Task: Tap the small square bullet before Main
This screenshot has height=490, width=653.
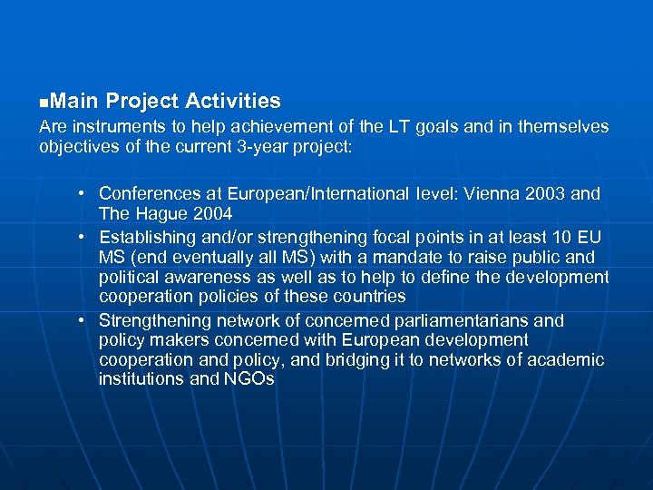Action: pyautogui.click(x=44, y=102)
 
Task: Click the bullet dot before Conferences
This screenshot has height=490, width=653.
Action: pyautogui.click(x=81, y=193)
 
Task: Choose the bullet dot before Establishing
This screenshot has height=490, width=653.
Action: pyautogui.click(x=81, y=237)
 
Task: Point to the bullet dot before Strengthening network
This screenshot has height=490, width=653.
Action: pyautogui.click(x=81, y=320)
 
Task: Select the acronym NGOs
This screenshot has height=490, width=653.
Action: pyautogui.click(x=249, y=379)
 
